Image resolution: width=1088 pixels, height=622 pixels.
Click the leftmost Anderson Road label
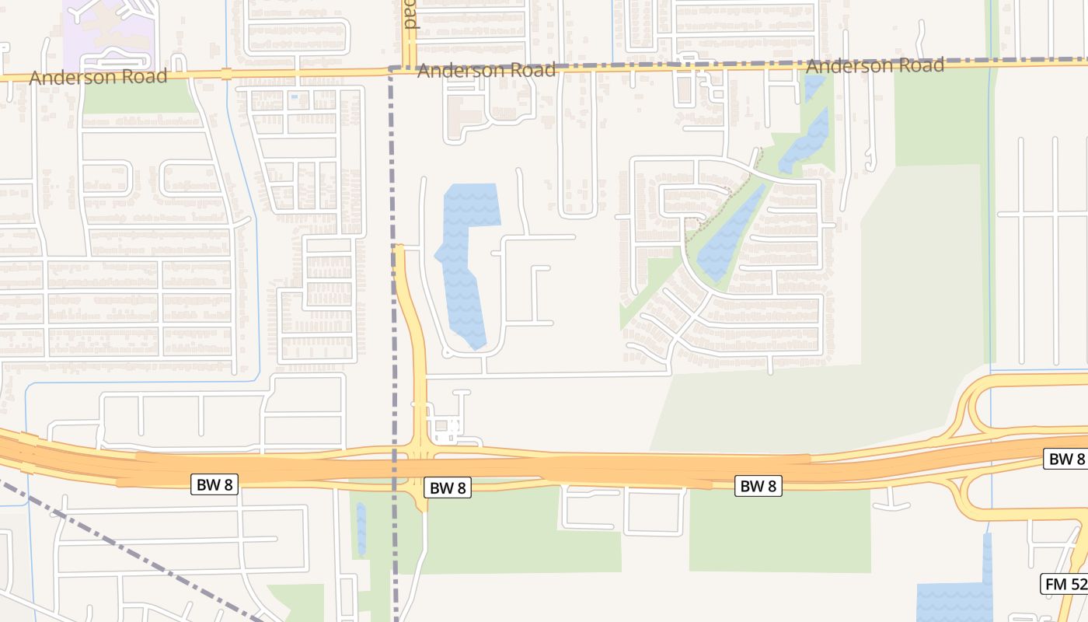[x=98, y=77]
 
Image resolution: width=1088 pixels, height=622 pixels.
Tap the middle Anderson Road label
[x=486, y=71]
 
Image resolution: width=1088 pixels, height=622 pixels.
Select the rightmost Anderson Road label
[x=875, y=65]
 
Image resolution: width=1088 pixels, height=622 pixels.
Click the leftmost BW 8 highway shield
[x=214, y=484]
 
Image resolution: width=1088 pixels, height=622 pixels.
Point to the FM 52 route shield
[x=1063, y=584]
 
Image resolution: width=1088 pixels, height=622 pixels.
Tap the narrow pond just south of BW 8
[x=361, y=529]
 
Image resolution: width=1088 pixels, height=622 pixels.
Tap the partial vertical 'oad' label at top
[x=410, y=15]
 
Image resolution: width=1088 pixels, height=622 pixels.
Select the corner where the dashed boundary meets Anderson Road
[x=390, y=69]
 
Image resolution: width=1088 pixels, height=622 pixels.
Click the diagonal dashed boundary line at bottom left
[x=132, y=552]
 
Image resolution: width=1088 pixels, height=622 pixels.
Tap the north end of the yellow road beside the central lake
[x=399, y=250]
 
